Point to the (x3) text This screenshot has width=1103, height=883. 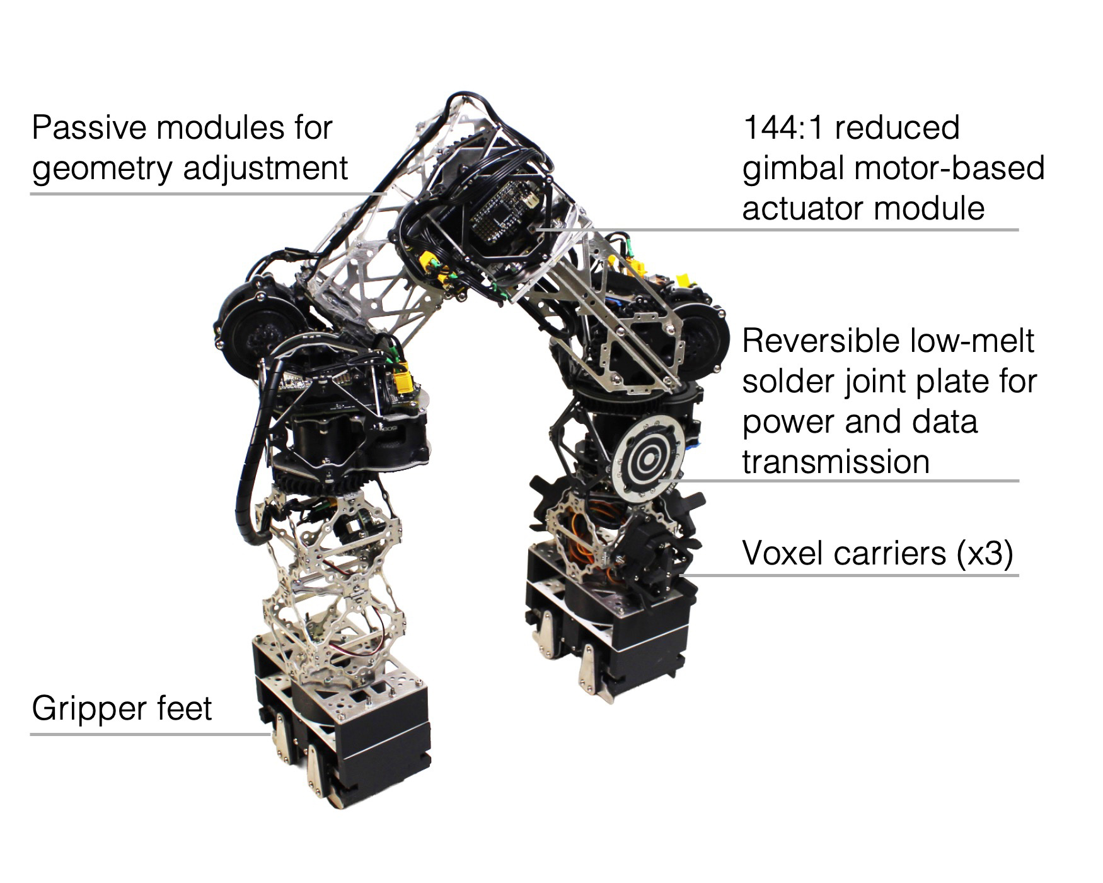[985, 554]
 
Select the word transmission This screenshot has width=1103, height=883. [836, 462]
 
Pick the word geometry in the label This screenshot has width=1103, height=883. [101, 169]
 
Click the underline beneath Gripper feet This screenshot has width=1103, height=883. [151, 734]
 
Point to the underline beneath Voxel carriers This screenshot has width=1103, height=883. [848, 575]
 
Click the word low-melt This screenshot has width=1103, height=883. [972, 341]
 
